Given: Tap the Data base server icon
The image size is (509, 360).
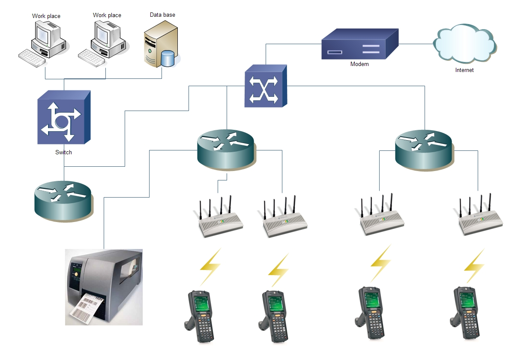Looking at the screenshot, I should [x=161, y=46].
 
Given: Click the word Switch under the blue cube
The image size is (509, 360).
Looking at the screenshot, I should [x=63, y=152].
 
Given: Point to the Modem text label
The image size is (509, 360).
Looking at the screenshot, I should [x=359, y=64].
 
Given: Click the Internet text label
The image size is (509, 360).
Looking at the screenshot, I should [x=464, y=70].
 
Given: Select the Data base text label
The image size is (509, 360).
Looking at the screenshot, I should [x=162, y=15].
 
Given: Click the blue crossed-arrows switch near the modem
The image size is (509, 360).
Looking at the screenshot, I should [x=266, y=86].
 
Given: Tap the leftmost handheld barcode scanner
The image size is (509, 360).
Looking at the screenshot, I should [x=200, y=315].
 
